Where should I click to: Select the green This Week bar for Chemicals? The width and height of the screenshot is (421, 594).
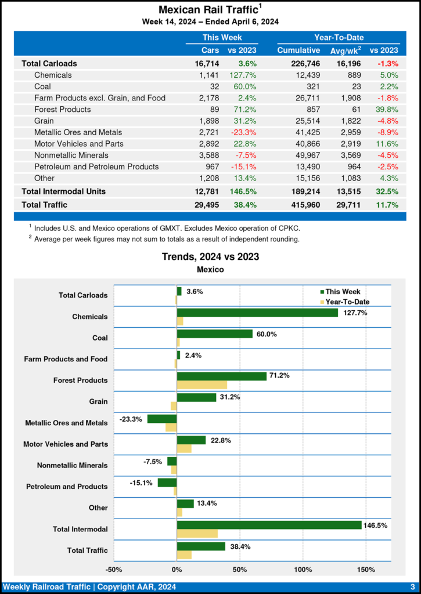(x=257, y=312)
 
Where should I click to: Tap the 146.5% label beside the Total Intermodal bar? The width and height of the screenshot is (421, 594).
(x=375, y=525)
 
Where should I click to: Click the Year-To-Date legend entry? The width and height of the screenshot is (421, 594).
(x=347, y=302)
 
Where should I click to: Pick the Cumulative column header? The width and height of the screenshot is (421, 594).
(x=298, y=50)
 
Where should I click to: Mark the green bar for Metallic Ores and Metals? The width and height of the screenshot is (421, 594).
(x=162, y=419)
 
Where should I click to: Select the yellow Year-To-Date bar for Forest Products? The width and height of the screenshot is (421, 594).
(x=201, y=385)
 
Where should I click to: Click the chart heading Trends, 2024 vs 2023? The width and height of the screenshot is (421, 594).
(x=210, y=256)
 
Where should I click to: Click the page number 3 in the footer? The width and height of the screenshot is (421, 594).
(x=412, y=586)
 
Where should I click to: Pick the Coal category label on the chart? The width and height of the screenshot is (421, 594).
(x=99, y=338)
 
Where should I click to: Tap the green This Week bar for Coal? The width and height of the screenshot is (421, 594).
(x=215, y=334)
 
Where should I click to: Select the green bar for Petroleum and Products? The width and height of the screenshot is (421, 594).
(x=167, y=482)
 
